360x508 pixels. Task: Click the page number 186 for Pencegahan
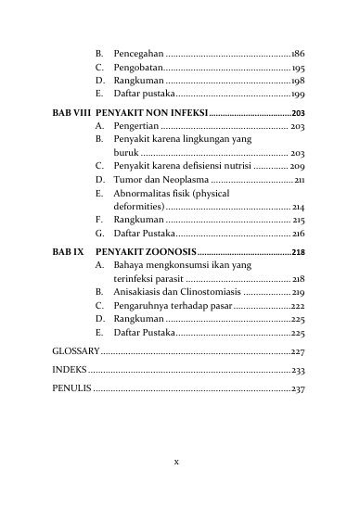pos(298,55)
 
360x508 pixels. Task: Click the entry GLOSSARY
pos(75,352)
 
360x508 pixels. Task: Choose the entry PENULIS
pos(71,387)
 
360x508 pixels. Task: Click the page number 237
pos(298,387)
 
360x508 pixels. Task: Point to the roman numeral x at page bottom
pos(178,461)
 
